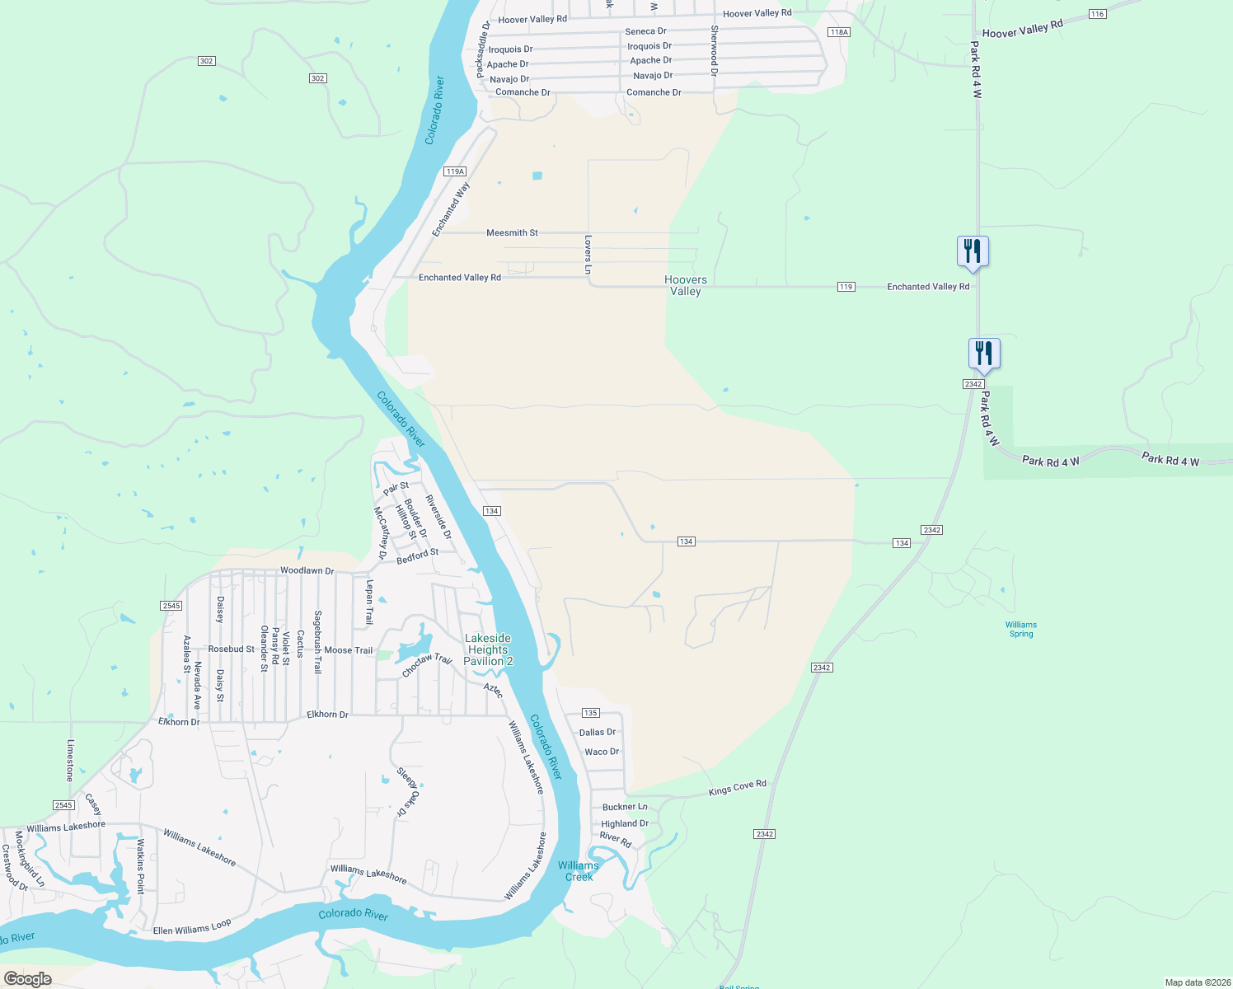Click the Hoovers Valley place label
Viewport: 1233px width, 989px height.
tap(685, 285)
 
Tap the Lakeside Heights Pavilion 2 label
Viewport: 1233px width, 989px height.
tap(488, 649)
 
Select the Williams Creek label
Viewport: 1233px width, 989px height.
tap(578, 871)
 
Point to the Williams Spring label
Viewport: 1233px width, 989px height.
tap(1020, 629)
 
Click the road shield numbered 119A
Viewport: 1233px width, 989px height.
tap(454, 171)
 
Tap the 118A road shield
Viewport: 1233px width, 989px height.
tap(838, 32)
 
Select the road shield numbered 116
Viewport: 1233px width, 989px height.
tap(1096, 14)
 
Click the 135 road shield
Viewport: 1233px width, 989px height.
tap(590, 713)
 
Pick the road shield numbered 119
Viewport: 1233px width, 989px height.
tap(846, 287)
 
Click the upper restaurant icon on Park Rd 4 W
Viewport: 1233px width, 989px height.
tap(973, 251)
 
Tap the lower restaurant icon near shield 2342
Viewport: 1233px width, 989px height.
tap(984, 354)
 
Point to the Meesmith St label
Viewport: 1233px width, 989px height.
tap(512, 233)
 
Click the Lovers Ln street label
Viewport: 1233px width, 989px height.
tap(588, 255)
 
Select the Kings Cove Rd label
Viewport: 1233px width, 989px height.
tap(737, 788)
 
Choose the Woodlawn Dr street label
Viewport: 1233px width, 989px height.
tap(307, 570)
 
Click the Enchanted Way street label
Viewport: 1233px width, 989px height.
tap(451, 209)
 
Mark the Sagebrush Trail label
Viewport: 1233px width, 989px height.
tap(317, 642)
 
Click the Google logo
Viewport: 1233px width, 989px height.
tap(27, 979)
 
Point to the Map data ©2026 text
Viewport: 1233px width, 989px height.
tap(1197, 982)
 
